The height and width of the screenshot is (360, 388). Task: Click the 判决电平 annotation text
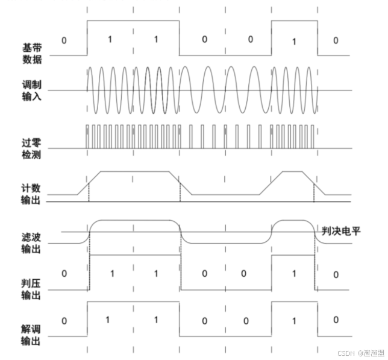341,230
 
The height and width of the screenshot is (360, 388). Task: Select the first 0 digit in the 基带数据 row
64,40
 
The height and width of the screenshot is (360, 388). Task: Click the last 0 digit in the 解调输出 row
336,320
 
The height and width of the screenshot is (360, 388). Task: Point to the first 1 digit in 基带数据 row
109,40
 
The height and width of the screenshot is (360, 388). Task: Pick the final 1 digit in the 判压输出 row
293,274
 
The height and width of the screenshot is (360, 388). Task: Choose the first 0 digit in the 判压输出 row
64,274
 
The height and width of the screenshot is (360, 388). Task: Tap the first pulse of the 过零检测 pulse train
87,137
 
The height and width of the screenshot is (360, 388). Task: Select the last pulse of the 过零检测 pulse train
313,137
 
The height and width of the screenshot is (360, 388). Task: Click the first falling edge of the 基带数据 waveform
180,37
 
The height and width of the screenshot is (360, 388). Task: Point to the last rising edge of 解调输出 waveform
271,318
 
